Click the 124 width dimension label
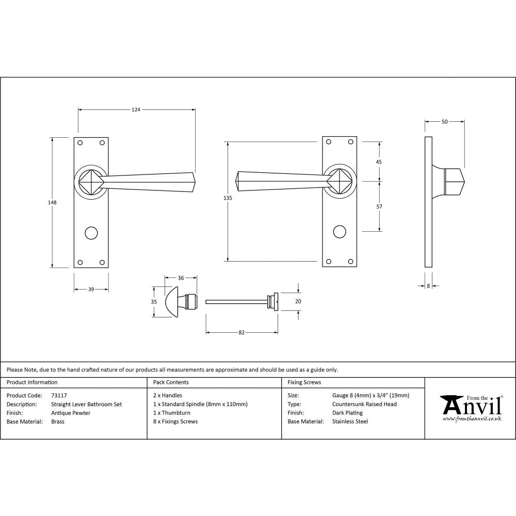pyautogui.click(x=136, y=109)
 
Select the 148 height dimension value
pyautogui.click(x=52, y=202)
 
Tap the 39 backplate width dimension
pyautogui.click(x=91, y=289)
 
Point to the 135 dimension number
pyautogui.click(x=228, y=198)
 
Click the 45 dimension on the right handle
pyautogui.click(x=379, y=162)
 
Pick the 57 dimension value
pyautogui.click(x=379, y=206)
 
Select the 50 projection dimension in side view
pyautogui.click(x=444, y=122)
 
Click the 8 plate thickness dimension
pyautogui.click(x=428, y=285)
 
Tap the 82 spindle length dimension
pyautogui.click(x=241, y=332)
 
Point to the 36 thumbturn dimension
pyautogui.click(x=181, y=278)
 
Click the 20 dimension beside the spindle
pyautogui.click(x=298, y=301)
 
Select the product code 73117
pyautogui.click(x=59, y=396)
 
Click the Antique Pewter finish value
pyautogui.click(x=71, y=413)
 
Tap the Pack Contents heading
pyautogui.click(x=171, y=382)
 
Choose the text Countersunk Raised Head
pyautogui.click(x=364, y=404)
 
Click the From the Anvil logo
pyautogui.click(x=471, y=408)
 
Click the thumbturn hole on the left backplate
pyautogui.click(x=91, y=232)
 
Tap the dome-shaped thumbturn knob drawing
pyautogui.click(x=173, y=302)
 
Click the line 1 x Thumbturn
pyautogui.click(x=172, y=413)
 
